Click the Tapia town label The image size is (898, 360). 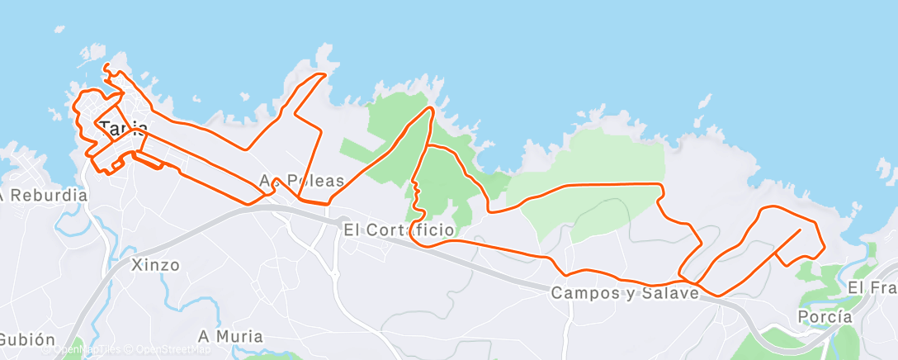pyautogui.click(x=124, y=129)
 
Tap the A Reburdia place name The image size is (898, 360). pyautogui.click(x=43, y=196)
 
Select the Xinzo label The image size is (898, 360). pyautogui.click(x=155, y=265)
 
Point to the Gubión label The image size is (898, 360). pyautogui.click(x=27, y=339)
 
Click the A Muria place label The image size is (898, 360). pyautogui.click(x=230, y=336)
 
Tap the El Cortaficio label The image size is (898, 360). pyautogui.click(x=398, y=230)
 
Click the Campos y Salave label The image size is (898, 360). pyautogui.click(x=625, y=292)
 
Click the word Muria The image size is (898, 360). pyautogui.click(x=239, y=336)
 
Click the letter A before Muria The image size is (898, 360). pyautogui.click(x=204, y=336)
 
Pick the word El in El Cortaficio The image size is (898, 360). pyautogui.click(x=351, y=230)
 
